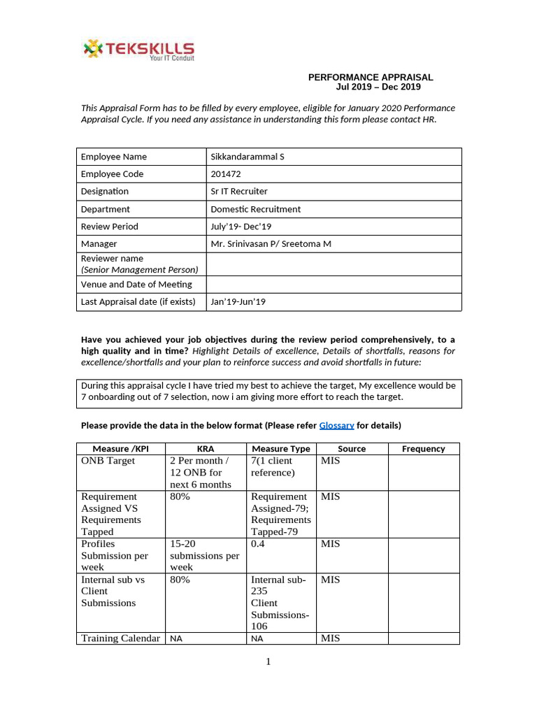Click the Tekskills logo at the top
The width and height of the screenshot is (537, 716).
138,50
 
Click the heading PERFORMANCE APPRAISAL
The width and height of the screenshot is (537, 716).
371,77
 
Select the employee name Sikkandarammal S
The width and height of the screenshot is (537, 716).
248,157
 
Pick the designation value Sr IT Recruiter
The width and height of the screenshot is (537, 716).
239,192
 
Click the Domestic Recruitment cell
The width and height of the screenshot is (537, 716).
256,209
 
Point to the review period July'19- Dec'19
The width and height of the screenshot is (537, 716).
241,227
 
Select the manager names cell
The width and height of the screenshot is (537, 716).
271,244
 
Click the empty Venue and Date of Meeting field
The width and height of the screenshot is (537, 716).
334,285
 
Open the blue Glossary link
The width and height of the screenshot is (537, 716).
336,425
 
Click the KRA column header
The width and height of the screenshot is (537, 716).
206,449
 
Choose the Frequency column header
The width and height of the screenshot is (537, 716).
423,449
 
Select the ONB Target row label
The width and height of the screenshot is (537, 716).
108,461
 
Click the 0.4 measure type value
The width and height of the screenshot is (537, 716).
258,544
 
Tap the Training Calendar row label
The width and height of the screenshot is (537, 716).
120,638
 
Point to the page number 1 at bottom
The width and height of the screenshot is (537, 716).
268,662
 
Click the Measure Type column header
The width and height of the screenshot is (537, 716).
280,449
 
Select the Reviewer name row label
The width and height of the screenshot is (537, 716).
112,259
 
